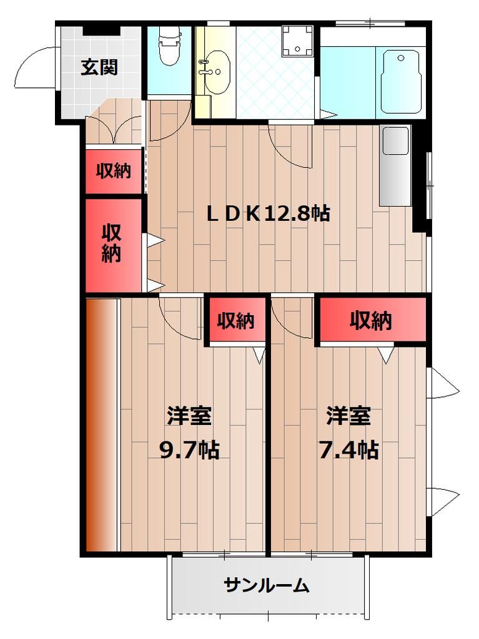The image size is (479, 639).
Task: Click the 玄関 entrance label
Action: (99, 67)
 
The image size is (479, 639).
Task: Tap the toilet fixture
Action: (169, 47)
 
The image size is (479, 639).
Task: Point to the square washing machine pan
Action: (297, 39)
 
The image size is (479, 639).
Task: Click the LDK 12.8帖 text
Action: (269, 214)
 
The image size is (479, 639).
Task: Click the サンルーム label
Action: (267, 585)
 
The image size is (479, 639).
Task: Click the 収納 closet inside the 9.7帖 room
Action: (236, 321)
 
